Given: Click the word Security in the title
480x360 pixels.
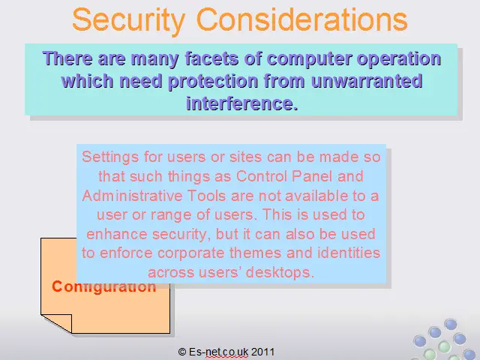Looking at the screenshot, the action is coord(129,20).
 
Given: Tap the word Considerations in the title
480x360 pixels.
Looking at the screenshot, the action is coord(301,19).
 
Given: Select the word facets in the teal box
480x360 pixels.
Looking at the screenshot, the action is coord(211,58).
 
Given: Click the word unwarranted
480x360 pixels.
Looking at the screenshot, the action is coord(367,81).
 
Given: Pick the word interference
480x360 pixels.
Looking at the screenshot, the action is coord(241,103).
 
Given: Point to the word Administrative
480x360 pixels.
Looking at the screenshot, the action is coord(132,196).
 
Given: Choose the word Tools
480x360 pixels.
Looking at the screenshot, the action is coord(207,196).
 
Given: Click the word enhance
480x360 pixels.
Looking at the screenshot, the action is coord(117,234).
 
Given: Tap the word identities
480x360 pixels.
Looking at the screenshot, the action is coord(349,253).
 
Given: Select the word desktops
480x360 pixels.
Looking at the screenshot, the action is coord(280,273).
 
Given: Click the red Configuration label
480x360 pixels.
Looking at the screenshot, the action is coord(103,286).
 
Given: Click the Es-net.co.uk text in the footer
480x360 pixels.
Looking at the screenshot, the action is coord(218,352).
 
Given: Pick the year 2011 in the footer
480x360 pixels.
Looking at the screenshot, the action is coord(263,352).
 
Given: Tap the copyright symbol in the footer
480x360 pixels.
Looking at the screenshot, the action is coord(182,352).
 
